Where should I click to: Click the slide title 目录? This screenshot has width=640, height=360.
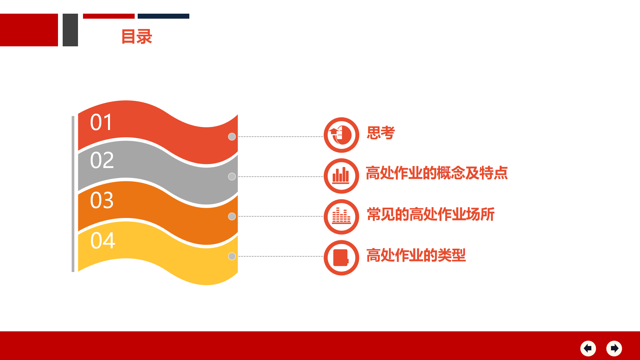(x=137, y=37)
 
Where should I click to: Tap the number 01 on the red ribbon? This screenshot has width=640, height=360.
(x=101, y=122)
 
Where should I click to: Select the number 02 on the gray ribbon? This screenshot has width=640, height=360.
(x=102, y=160)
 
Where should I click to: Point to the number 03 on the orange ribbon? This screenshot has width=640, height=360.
(x=102, y=200)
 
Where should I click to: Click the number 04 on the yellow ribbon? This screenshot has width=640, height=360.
(x=103, y=241)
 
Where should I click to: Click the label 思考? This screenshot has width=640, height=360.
(x=381, y=133)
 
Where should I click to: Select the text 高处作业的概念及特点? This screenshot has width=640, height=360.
(x=437, y=173)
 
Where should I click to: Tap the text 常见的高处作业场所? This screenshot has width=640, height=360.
(x=431, y=214)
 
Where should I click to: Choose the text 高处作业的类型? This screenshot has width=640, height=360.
(x=416, y=255)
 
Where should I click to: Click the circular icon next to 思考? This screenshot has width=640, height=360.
(x=341, y=135)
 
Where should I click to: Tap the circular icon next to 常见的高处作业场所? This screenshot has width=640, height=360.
(x=341, y=217)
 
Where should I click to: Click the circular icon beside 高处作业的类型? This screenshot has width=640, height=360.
(x=341, y=258)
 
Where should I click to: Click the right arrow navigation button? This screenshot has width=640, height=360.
(x=614, y=348)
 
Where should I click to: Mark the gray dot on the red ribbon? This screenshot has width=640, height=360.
(x=232, y=137)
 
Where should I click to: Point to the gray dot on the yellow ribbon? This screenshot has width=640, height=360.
(x=232, y=256)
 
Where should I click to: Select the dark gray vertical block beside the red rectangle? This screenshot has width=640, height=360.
(x=70, y=30)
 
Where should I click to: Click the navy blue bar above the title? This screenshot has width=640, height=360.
(x=163, y=16)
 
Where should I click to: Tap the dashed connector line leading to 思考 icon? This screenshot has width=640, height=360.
(x=280, y=137)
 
